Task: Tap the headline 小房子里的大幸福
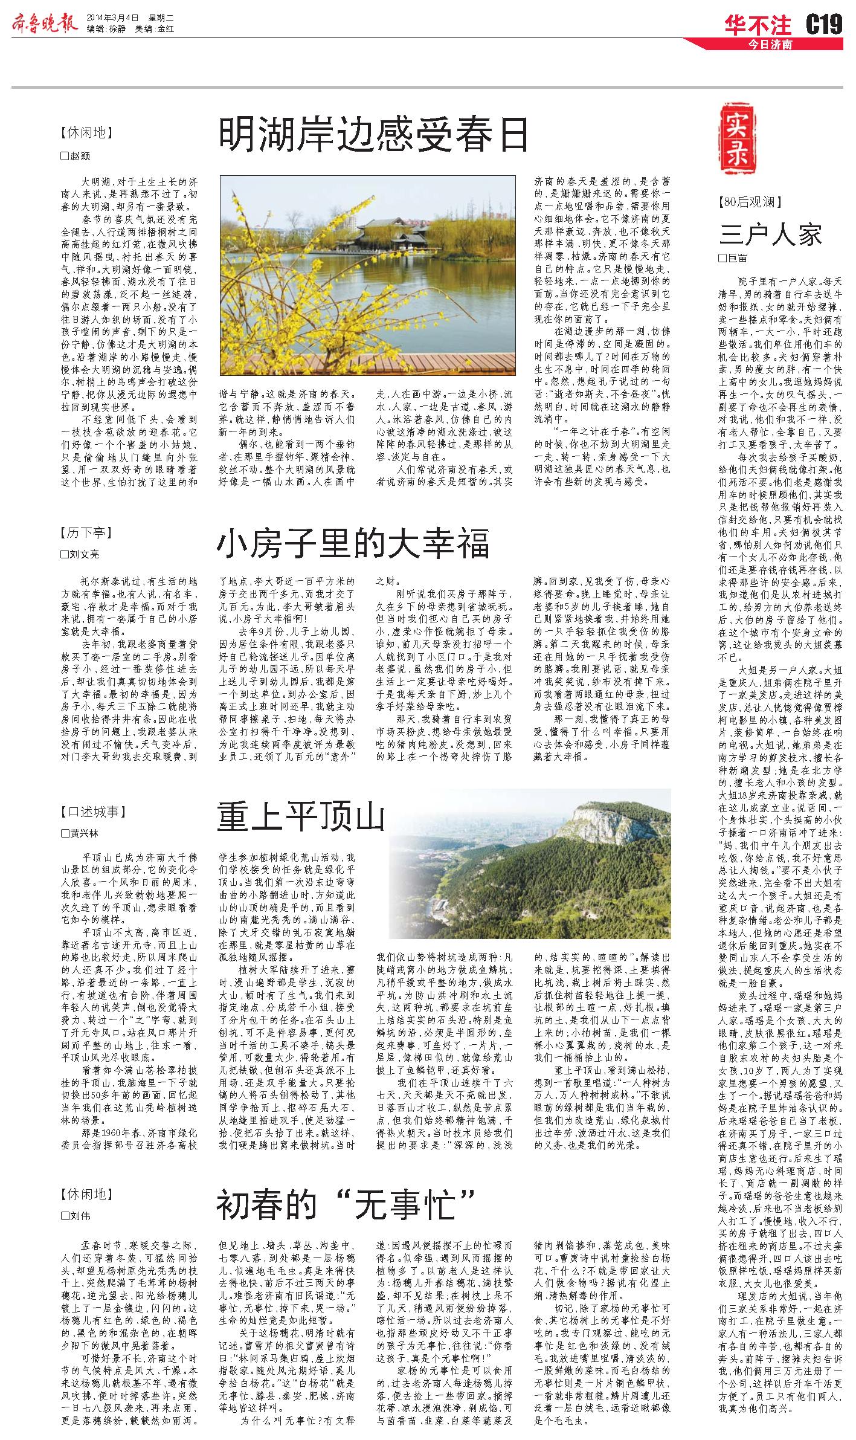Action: click(x=353, y=544)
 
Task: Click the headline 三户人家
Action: click(x=770, y=234)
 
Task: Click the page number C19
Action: click(x=824, y=25)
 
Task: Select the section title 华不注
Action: click(x=758, y=25)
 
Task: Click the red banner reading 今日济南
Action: click(x=770, y=44)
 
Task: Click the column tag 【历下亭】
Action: click(x=86, y=533)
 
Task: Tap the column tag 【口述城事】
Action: click(x=93, y=812)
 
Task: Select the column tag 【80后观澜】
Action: click(x=750, y=202)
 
